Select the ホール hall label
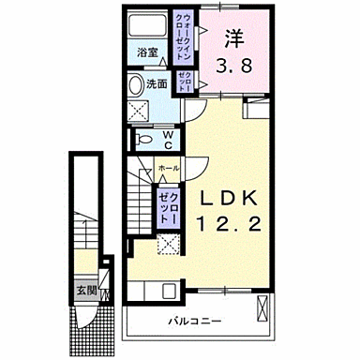coord(168,167)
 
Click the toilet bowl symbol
coord(144,140)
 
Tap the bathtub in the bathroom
coord(146,25)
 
